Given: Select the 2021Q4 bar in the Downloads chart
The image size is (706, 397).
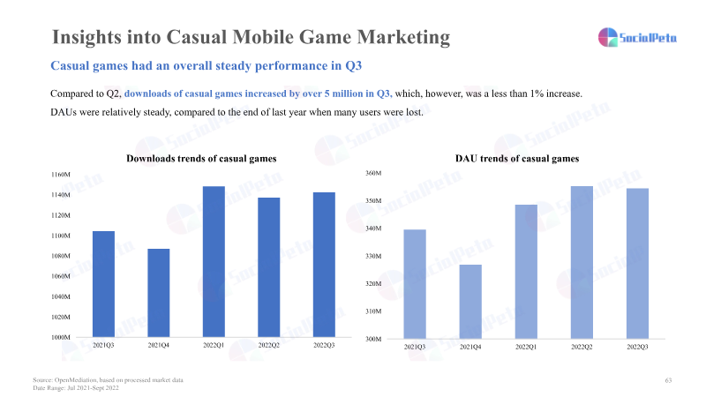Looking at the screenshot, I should pos(159,293).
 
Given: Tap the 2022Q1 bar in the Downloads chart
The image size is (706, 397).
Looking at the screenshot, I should pos(214,262).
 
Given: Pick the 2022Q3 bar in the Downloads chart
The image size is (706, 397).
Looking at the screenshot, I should pos(324,265).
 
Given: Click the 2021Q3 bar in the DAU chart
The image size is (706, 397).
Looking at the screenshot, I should pos(416,283).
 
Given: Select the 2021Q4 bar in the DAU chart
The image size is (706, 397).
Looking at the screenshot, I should pos(470,301).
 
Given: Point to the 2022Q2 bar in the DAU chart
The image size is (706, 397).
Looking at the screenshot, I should pos(582,262).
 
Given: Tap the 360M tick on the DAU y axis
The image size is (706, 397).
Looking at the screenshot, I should pos(373,173).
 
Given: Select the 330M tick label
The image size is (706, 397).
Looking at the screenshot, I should pos(373,256).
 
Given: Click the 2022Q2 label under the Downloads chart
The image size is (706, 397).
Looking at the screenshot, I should pos(268,345).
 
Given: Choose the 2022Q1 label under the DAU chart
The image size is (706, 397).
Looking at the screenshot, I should pos(526,348).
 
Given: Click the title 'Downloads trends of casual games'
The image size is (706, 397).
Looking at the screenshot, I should pos(202,158).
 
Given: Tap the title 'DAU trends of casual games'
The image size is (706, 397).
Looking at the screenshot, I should pos(517,158).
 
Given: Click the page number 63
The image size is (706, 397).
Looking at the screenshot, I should pos(668,379).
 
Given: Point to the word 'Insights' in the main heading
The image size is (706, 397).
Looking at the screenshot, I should pos(85,37).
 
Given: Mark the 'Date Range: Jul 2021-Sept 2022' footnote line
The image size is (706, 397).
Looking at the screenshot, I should pos(75,387).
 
